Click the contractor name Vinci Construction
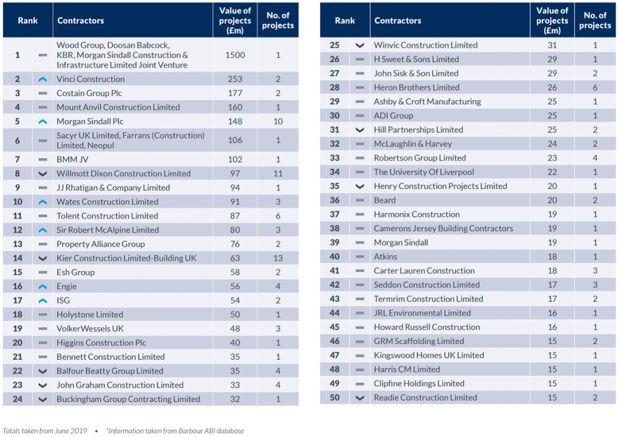pyautogui.click(x=91, y=79)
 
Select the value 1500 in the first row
pyautogui.click(x=235, y=55)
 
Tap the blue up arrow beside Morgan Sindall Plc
pyautogui.click(x=42, y=121)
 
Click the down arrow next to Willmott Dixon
pyautogui.click(x=42, y=174)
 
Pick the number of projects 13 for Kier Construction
pyautogui.click(x=278, y=258)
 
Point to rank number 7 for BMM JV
pyautogui.click(x=18, y=159)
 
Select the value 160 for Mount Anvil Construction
pyautogui.click(x=235, y=107)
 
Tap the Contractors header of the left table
pyautogui.click(x=80, y=21)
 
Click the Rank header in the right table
pyautogui.click(x=345, y=21)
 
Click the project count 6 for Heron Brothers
pyautogui.click(x=595, y=88)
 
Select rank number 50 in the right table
pyautogui.click(x=334, y=398)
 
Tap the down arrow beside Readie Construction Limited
pyautogui.click(x=360, y=398)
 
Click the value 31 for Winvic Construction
pyautogui.click(x=552, y=45)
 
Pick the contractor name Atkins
pyautogui.click(x=385, y=257)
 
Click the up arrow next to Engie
pyautogui.click(x=42, y=287)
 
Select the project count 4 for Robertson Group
pyautogui.click(x=595, y=158)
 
